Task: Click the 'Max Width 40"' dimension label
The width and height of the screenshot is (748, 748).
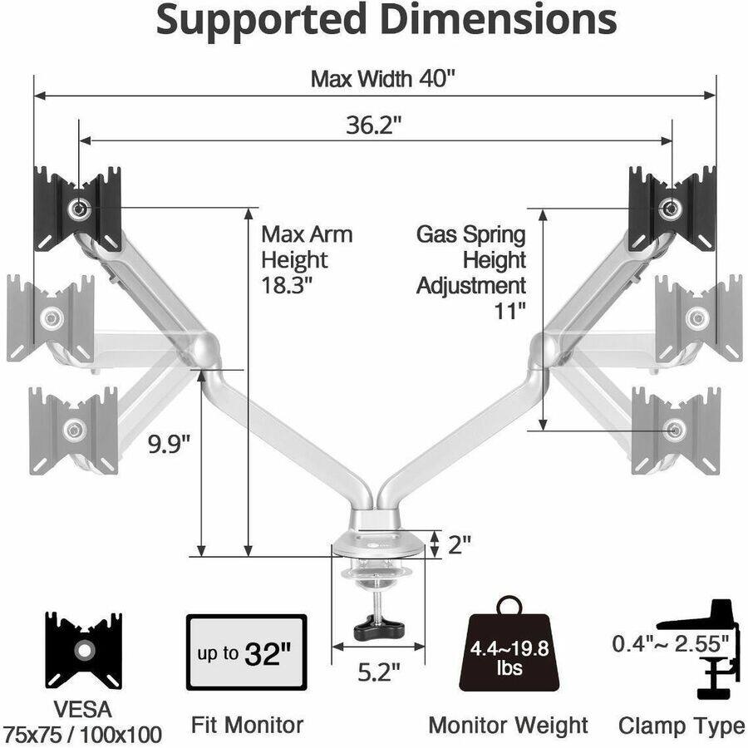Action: point(383,79)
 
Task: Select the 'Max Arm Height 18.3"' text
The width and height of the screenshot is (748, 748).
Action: point(306,259)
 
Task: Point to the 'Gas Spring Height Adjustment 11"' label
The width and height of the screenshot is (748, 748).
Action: point(471,273)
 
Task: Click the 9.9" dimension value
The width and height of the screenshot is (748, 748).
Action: point(170,444)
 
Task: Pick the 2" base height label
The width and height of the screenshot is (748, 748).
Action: point(460,544)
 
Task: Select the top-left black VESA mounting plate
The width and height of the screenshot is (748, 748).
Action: point(78,209)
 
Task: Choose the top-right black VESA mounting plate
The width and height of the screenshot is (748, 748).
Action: point(672,208)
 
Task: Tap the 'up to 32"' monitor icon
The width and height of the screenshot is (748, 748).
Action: point(246,652)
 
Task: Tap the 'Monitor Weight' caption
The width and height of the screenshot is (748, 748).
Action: point(508,725)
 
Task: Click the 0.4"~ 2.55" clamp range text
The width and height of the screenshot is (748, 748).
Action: point(670,642)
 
